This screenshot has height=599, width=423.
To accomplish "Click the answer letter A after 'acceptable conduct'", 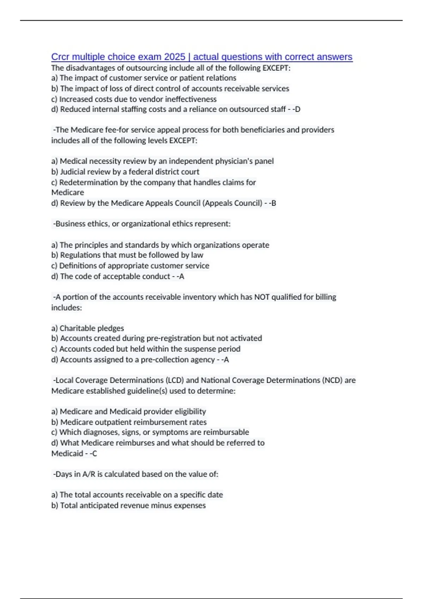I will (x=182, y=276).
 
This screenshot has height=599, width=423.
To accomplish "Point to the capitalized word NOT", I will (x=262, y=297).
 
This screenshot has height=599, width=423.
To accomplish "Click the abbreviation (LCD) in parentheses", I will (x=174, y=380).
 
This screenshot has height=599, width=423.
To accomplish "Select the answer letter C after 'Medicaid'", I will (x=94, y=453).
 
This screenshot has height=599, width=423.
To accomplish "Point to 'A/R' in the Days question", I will (x=89, y=474).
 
